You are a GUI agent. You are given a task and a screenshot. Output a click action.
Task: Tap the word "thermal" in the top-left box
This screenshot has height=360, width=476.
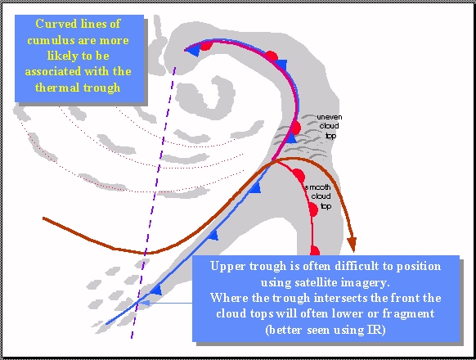pyautogui.click(x=57, y=88)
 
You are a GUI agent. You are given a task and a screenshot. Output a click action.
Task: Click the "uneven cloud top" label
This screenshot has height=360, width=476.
pyautogui.click(x=330, y=126)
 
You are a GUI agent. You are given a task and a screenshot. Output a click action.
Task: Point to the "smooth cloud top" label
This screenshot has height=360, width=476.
pyautogui.click(x=318, y=196)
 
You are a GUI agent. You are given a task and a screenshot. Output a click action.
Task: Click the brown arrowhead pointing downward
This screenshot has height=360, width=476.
pyautogui.click(x=353, y=244)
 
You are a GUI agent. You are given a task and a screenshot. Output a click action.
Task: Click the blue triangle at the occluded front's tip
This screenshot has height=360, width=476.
pyautogui.click(x=193, y=51)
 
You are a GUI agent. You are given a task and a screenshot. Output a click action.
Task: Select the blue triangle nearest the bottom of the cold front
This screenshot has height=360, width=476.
pyautogui.click(x=156, y=290)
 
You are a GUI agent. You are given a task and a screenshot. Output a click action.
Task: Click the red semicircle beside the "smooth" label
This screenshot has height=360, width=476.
pyautogui.click(x=299, y=176)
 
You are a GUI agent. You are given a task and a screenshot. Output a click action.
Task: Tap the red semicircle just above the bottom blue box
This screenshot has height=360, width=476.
pyautogui.click(x=315, y=251)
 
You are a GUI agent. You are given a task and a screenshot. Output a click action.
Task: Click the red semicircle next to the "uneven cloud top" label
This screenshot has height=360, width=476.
pyautogui.click(x=296, y=128)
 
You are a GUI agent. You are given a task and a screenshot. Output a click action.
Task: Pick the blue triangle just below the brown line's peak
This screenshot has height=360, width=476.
pyautogui.click(x=256, y=187)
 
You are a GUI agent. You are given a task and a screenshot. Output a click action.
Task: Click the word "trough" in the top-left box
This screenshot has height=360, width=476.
pyautogui.click(x=101, y=88)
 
